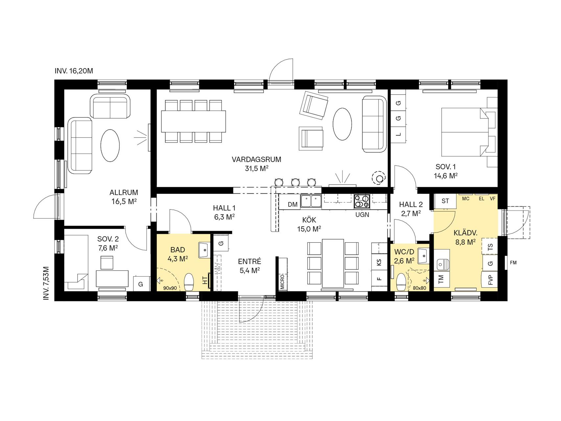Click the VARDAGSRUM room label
point(256,160)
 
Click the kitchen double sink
point(311,201)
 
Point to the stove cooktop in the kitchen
point(362,201)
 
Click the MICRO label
point(282,281)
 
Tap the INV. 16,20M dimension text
point(74,71)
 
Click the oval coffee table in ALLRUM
point(110,145)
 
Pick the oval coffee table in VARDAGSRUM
point(342,124)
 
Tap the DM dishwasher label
point(292,205)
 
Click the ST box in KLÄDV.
point(445,201)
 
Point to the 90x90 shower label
point(170,288)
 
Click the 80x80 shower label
point(419,288)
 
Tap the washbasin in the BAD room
point(204,250)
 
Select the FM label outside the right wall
point(513,262)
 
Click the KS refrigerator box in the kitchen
point(379,262)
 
